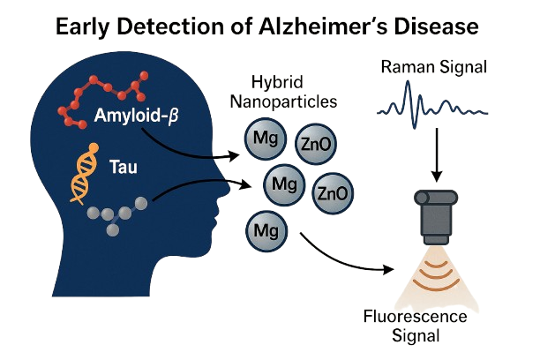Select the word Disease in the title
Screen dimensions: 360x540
pos(433,26)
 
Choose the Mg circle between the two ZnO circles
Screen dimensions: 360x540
pos(283,184)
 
